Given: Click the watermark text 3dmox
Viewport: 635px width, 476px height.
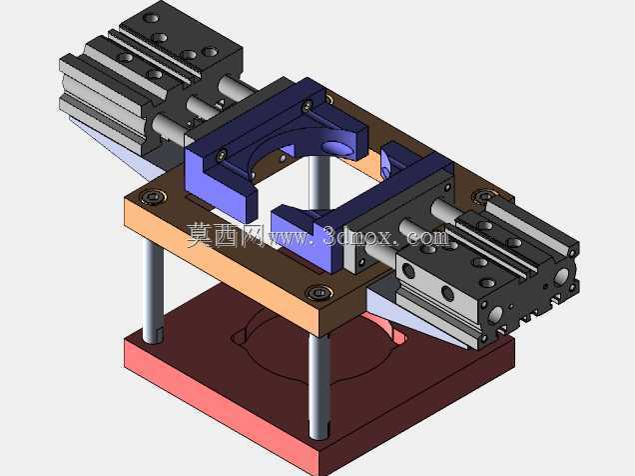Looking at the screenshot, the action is pyautogui.click(x=357, y=236).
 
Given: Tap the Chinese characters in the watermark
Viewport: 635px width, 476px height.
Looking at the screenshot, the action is pyautogui.click(x=224, y=235).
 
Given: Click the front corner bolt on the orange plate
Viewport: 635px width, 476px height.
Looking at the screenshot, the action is pyautogui.click(x=319, y=292).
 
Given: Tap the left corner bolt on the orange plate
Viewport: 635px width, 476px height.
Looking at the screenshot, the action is pyautogui.click(x=153, y=197).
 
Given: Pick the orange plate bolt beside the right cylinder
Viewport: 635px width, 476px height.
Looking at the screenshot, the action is pyautogui.click(x=482, y=196).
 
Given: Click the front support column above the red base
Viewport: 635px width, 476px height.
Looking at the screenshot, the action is pyautogui.click(x=319, y=387).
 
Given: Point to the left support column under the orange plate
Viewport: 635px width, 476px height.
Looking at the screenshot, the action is pyautogui.click(x=153, y=291).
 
